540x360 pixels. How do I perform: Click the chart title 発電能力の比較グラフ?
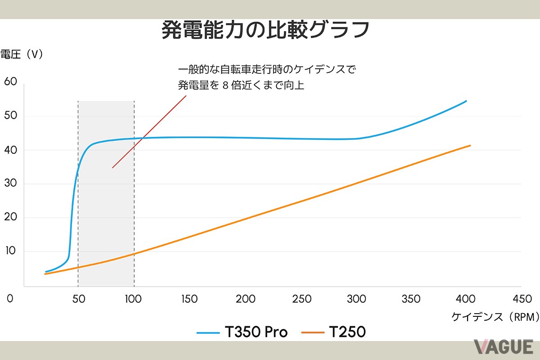265,31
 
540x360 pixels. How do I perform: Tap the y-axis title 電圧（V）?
22,54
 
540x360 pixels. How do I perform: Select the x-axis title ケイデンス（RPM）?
495,317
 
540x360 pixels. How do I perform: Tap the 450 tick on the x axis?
522,299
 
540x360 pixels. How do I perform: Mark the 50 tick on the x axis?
78,299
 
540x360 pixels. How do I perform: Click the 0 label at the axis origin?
10,299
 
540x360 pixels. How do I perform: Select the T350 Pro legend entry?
242,333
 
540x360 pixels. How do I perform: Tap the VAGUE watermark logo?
503,347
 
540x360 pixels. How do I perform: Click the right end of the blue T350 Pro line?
466,101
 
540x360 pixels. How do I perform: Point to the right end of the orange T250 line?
470,145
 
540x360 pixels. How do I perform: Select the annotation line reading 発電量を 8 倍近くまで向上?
241,85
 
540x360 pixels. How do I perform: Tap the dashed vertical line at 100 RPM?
134,193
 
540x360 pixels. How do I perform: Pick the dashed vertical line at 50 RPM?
78,193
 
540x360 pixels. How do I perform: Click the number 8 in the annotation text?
226,85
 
